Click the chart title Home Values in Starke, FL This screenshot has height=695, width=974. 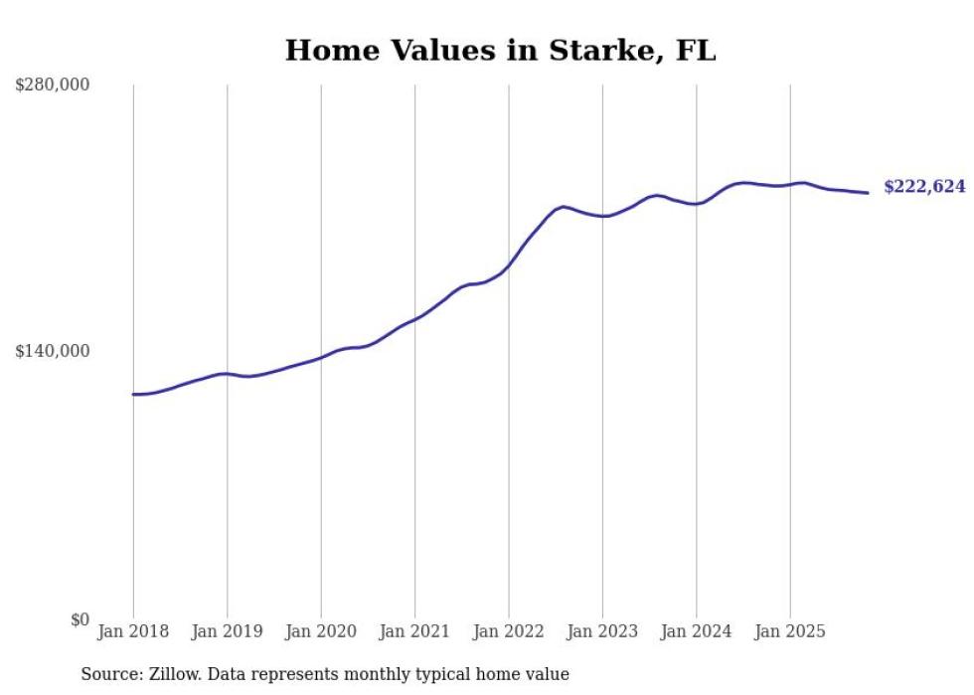point(500,51)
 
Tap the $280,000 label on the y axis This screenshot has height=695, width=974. point(53,85)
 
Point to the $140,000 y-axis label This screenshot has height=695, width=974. point(53,351)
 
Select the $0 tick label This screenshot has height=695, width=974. point(80,619)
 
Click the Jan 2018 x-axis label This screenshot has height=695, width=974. point(133,631)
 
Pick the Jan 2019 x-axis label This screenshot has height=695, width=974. point(227,631)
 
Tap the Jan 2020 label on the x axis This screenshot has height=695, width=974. point(321,631)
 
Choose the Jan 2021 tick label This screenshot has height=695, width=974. point(414,631)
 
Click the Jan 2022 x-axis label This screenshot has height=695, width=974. point(509,631)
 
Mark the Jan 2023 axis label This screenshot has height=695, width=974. point(602,631)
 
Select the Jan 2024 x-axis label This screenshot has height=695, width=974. point(697,631)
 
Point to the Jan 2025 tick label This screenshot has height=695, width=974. point(790,631)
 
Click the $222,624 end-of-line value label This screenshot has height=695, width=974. point(924,187)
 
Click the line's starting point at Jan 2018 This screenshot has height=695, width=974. point(133,395)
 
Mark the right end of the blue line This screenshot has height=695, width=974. point(868,193)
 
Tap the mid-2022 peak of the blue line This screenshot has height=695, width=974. point(564,207)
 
